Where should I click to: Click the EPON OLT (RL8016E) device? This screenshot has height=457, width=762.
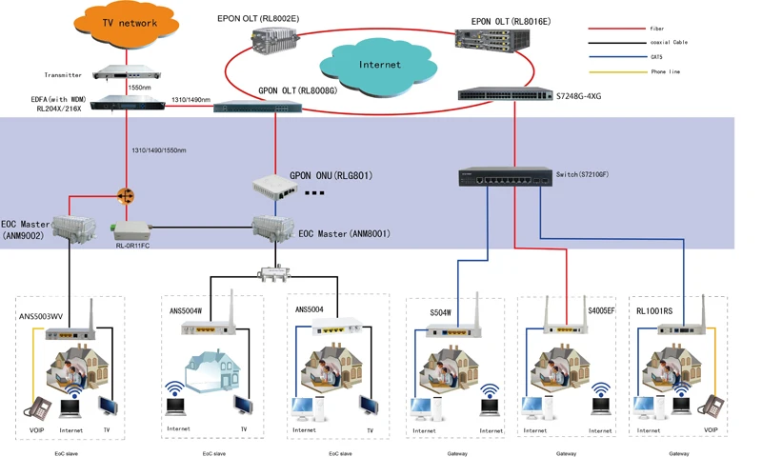click(492, 39)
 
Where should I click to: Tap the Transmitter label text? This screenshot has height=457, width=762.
click(63, 74)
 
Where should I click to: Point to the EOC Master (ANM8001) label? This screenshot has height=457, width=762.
click(344, 233)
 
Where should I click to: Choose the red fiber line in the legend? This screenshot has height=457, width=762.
click(614, 29)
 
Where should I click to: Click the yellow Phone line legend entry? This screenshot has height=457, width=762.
click(614, 71)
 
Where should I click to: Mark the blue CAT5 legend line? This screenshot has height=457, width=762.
click(614, 57)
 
